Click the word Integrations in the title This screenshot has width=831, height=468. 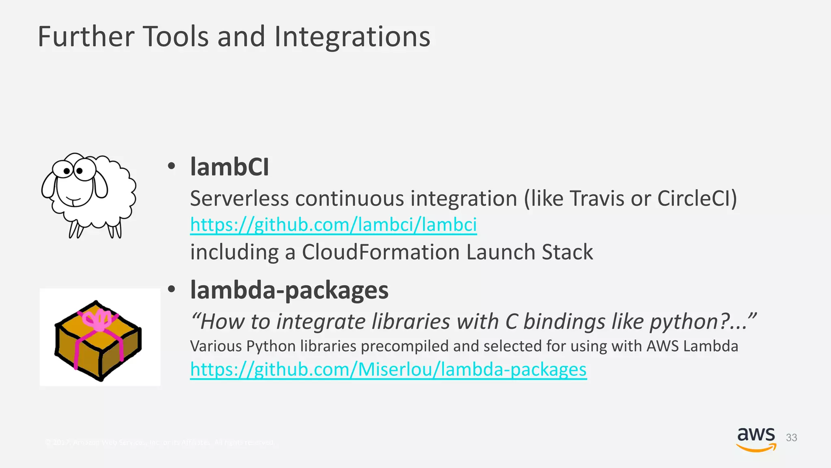[352, 37]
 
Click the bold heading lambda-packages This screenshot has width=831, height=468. [289, 290]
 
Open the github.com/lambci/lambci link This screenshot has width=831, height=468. [333, 225]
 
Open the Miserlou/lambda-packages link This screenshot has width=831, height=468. [388, 369]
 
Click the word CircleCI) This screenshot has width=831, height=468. [697, 199]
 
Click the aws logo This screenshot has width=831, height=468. [756, 439]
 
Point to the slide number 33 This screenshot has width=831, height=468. [791, 438]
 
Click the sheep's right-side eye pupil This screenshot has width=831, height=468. [80, 171]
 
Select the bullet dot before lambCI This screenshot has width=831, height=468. [172, 166]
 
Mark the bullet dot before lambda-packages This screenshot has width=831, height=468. [172, 289]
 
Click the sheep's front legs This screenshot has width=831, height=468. [75, 229]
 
